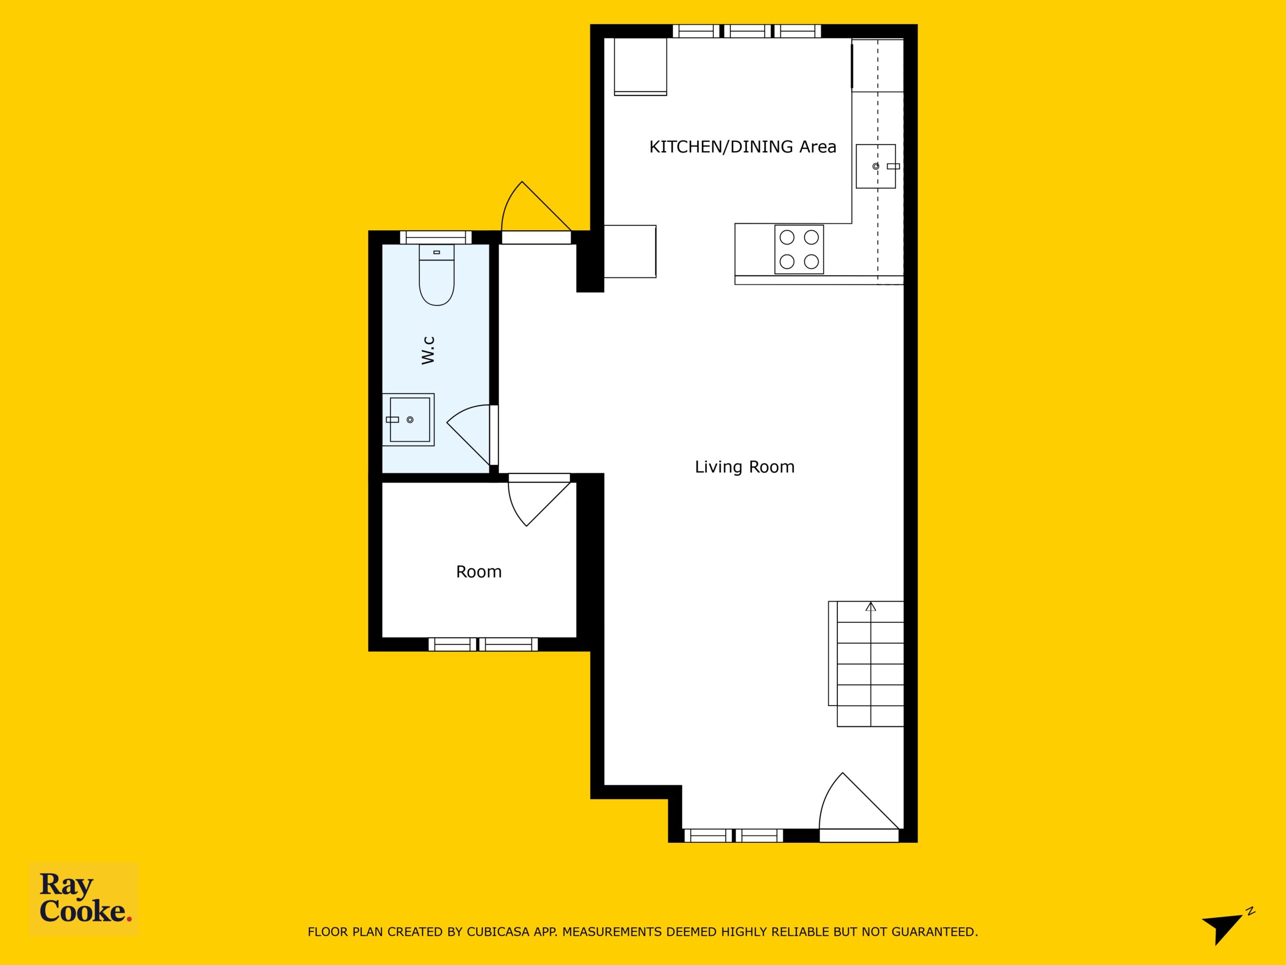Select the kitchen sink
(x=876, y=166)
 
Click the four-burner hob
(x=799, y=249)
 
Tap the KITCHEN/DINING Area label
(x=742, y=147)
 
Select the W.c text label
(x=428, y=350)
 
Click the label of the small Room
(x=478, y=572)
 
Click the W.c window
(x=436, y=237)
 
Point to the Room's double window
(x=483, y=644)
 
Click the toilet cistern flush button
(x=437, y=252)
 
